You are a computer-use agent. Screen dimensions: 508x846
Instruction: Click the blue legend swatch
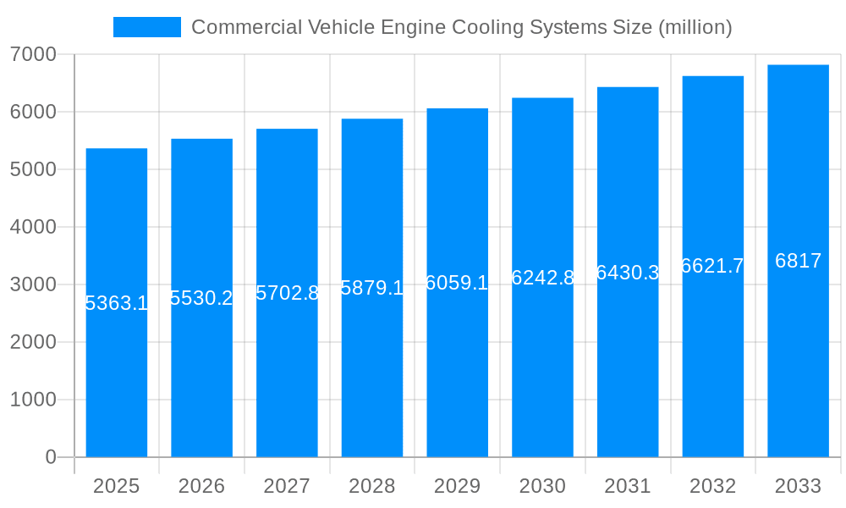(147, 27)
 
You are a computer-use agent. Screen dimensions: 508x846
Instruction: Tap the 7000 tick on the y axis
(33, 54)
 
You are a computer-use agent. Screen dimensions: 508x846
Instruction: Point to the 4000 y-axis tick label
(33, 227)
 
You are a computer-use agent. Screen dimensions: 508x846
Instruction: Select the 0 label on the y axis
(50, 457)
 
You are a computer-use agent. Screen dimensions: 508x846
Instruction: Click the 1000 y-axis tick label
(33, 400)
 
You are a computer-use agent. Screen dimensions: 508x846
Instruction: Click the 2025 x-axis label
(116, 486)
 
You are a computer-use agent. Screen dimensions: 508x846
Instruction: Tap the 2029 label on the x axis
(457, 486)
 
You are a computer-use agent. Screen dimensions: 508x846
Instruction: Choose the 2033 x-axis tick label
(798, 486)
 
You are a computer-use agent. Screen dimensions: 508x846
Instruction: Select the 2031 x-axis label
(628, 486)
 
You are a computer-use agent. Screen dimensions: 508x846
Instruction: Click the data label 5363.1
(117, 303)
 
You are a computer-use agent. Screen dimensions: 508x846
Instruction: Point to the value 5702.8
(287, 293)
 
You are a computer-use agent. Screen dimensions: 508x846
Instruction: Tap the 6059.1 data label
(457, 283)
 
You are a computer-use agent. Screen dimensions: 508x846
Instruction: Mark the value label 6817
(798, 261)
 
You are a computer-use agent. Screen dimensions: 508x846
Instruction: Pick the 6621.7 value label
(712, 266)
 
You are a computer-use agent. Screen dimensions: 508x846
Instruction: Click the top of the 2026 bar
(201, 139)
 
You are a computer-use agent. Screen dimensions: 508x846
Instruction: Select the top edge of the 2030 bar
(542, 98)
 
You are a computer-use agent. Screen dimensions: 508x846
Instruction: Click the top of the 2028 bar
(372, 119)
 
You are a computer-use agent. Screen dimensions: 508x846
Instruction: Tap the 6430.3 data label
(628, 273)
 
